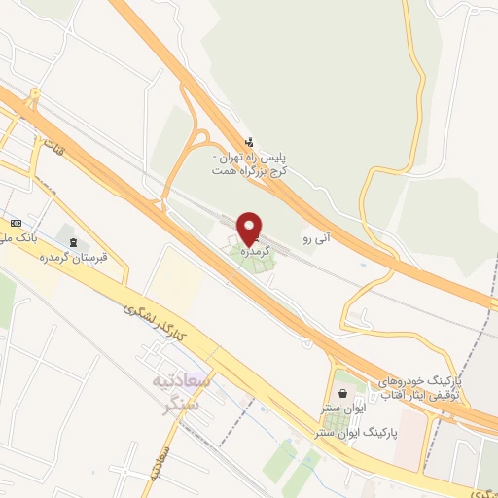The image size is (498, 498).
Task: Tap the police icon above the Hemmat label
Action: [x=249, y=142]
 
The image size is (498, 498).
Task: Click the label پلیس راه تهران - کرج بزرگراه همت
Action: [x=252, y=161]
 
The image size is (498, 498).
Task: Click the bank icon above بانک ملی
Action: [x=14, y=223]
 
